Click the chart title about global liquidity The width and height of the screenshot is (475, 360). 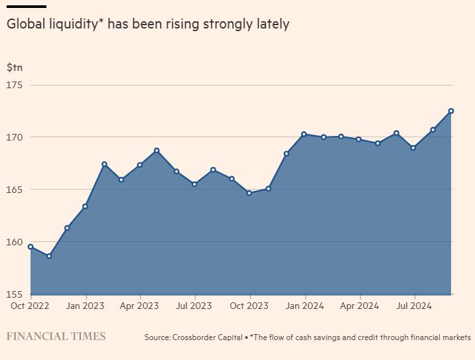pos(148,25)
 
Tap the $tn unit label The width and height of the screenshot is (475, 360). pos(15,68)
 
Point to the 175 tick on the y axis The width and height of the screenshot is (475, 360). pos(15,85)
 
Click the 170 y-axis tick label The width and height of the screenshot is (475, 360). pos(15,137)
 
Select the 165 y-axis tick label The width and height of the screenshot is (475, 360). pos(15,190)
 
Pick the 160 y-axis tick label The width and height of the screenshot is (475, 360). pos(15,242)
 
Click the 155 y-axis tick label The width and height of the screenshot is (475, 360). pos(15,294)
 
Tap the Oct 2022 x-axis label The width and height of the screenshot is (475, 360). pos(30,306)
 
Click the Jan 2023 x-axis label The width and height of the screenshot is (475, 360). pos(85,306)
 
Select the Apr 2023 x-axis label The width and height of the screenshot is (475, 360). pos(139,306)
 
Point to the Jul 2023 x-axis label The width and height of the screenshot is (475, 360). pos(194,306)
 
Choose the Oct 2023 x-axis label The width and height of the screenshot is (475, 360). pos(249,306)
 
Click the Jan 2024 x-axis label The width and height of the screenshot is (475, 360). pos(305,306)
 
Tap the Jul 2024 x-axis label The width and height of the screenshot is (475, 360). pos(415,306)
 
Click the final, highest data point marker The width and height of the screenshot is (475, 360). pos(451,111)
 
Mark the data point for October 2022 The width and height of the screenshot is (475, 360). pos(31,247)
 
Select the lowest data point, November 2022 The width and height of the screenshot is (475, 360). pos(49,256)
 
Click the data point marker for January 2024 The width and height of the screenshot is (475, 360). pos(304,134)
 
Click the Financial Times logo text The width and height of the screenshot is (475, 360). pos(56,336)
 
